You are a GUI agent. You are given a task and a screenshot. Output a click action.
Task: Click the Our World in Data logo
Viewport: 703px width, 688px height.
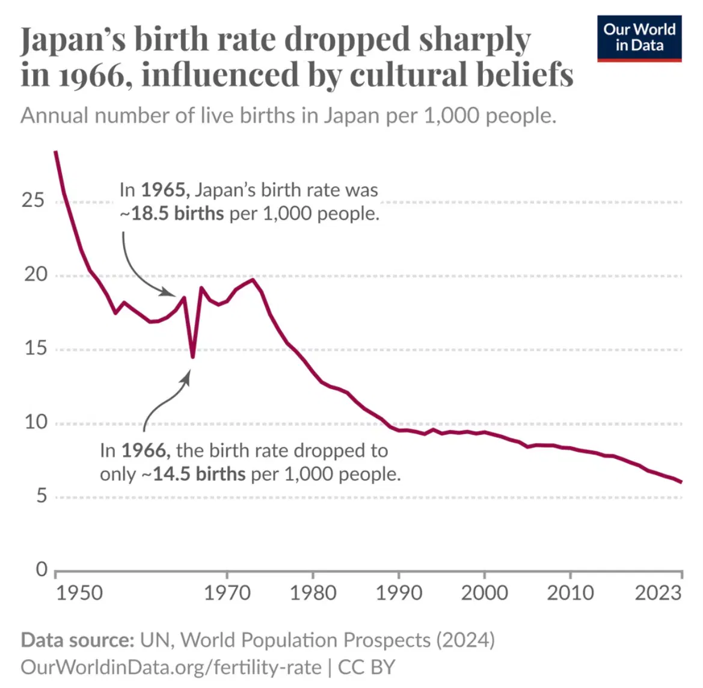[x=639, y=37]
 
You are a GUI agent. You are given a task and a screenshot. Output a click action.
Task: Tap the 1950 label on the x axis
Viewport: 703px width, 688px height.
[x=79, y=593]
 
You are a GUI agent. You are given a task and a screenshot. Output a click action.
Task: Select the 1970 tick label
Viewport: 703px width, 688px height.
[x=227, y=593]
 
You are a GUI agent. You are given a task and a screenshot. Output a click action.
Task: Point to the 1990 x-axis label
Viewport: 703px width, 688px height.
[x=399, y=593]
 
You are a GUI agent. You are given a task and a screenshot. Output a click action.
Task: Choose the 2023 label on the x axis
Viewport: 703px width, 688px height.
[x=658, y=593]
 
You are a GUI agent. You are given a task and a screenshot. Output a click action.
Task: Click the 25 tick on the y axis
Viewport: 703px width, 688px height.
[x=34, y=200]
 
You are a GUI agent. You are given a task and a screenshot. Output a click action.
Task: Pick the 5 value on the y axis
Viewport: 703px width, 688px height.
[x=41, y=496]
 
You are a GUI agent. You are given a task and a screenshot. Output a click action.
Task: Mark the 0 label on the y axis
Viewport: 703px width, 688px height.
[x=41, y=569]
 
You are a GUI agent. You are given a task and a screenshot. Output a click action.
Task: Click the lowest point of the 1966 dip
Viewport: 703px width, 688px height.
[x=192, y=357]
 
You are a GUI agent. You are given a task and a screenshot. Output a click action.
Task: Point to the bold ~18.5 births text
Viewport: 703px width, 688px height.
[x=172, y=213]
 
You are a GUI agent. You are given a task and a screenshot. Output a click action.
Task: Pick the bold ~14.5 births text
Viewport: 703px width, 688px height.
[x=194, y=474]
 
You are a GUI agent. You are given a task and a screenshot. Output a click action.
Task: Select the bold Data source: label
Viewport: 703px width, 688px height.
[x=78, y=640]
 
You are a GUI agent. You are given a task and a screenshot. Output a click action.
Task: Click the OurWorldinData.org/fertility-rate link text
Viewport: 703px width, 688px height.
[x=171, y=667]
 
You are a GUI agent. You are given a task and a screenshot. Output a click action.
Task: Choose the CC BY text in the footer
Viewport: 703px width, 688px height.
[x=367, y=667]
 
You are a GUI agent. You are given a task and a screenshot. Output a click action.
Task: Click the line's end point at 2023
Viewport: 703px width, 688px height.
[x=681, y=482]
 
